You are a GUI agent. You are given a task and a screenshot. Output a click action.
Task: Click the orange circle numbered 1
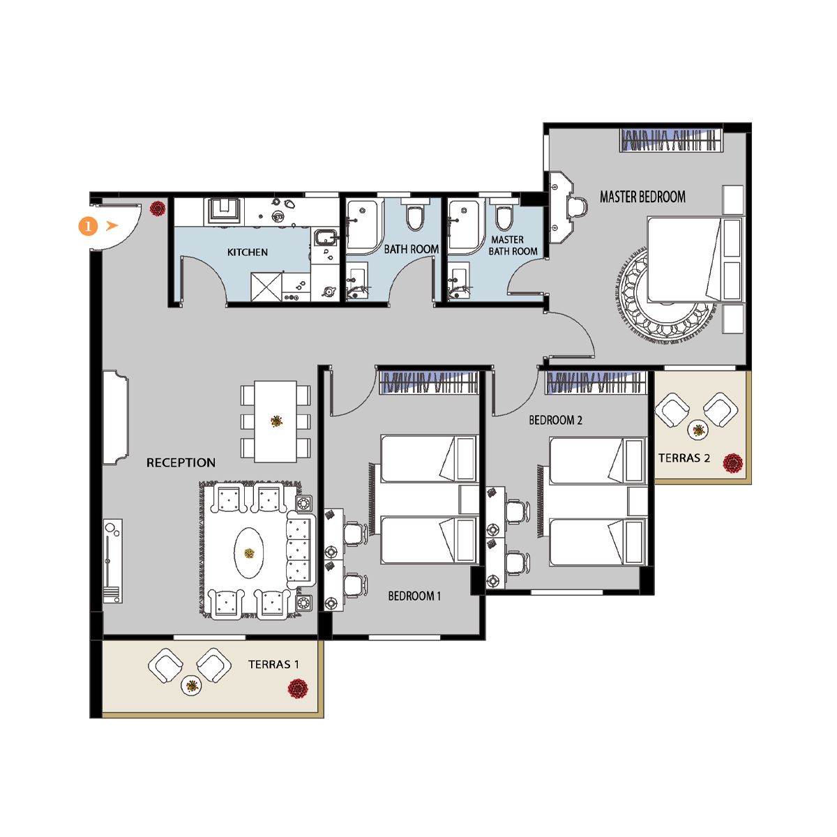(x=88, y=226)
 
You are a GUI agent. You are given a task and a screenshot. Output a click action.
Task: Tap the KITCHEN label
(x=247, y=252)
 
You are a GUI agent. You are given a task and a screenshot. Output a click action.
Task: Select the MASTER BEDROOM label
(x=642, y=197)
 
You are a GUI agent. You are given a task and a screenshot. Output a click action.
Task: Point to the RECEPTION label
(x=181, y=462)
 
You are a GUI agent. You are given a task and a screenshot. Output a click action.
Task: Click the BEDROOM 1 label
(x=414, y=596)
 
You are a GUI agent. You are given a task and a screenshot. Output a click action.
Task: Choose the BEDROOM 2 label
(x=555, y=420)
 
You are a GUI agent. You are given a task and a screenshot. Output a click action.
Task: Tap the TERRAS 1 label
(x=273, y=664)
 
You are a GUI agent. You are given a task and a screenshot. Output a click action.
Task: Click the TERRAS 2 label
(x=684, y=458)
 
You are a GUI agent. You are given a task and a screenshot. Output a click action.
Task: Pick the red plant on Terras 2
(x=733, y=462)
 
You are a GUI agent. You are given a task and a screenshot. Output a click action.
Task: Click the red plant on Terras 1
(x=298, y=688)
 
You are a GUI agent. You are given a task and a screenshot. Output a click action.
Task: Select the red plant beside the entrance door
(x=158, y=209)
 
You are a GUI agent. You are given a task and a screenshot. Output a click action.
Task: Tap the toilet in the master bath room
(x=504, y=215)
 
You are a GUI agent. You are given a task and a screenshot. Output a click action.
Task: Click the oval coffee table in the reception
(x=249, y=553)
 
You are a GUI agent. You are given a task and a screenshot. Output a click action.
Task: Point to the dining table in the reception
(x=276, y=421)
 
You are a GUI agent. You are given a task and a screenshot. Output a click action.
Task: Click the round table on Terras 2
(x=697, y=430)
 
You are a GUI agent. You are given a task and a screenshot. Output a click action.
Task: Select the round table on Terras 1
(x=191, y=686)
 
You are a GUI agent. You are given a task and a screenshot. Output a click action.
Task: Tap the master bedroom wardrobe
(x=672, y=140)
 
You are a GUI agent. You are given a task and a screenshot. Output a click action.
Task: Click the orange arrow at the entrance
(x=112, y=225)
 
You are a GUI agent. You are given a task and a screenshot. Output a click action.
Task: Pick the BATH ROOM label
(x=412, y=249)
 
